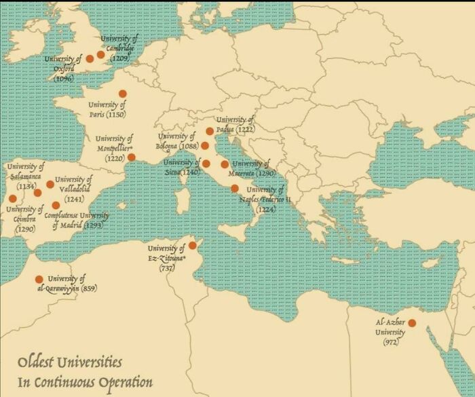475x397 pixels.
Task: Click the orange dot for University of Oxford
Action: click(90, 59)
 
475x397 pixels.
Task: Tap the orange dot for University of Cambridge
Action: click(101, 54)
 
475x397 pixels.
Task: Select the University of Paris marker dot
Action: click(123, 94)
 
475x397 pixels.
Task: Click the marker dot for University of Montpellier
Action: click(132, 157)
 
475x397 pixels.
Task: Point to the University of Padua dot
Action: click(210, 132)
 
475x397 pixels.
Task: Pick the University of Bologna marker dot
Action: click(205, 145)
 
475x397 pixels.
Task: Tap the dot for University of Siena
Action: click(206, 164)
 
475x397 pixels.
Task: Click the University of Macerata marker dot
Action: click(225, 164)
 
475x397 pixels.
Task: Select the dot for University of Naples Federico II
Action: click(235, 189)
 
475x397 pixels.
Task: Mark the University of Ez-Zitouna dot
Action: click(193, 245)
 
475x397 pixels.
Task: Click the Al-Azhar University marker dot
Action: click(411, 322)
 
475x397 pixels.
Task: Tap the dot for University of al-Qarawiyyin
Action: click(39, 279)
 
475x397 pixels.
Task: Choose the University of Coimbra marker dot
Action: click(12, 199)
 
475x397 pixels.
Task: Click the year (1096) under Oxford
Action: click(64, 79)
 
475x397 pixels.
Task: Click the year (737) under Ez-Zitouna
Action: click(167, 268)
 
